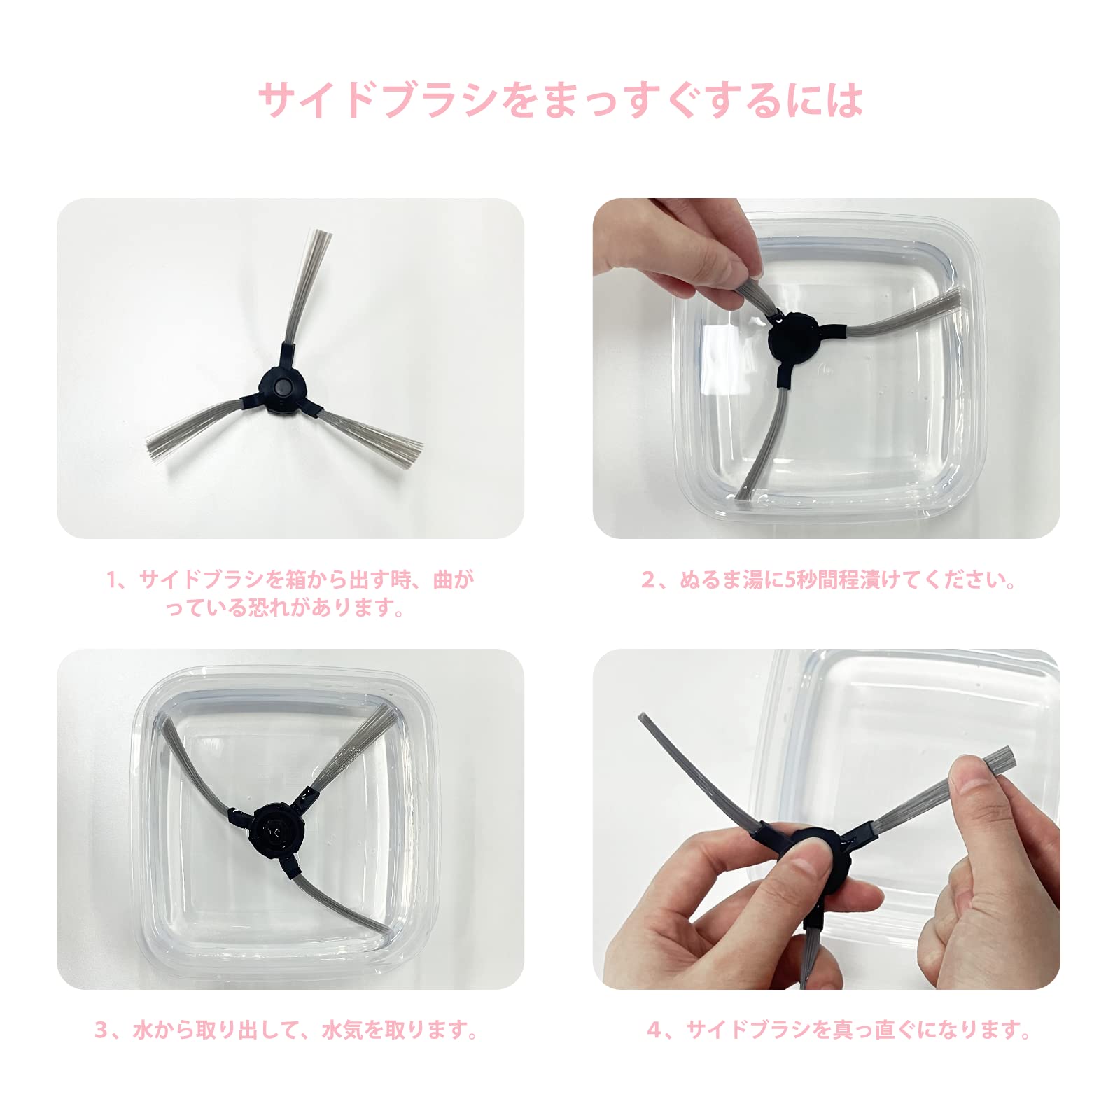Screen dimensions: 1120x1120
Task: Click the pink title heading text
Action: tap(560, 100)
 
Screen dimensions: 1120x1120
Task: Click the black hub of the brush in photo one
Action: tap(282, 387)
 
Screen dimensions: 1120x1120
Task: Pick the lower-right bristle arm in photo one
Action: tap(371, 430)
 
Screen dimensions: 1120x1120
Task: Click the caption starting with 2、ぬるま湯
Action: tap(828, 580)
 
